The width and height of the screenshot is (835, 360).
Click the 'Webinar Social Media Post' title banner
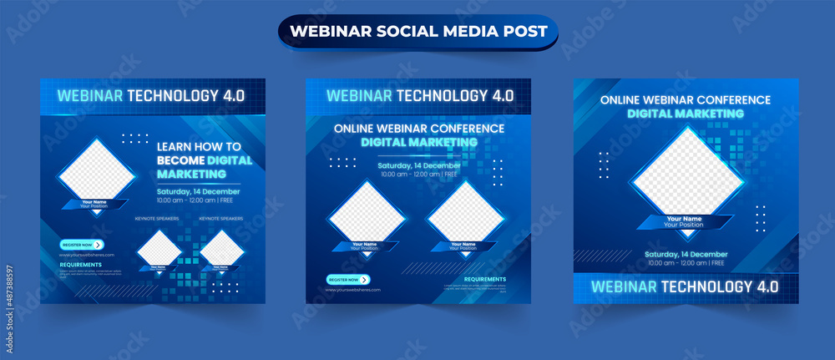pos(417,32)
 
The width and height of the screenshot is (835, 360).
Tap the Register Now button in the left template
pos(81,245)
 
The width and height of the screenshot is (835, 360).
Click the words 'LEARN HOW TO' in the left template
pos(199,146)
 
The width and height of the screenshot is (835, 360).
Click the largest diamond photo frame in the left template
pos(97,173)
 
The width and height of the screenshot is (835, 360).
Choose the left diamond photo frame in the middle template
pos(367,214)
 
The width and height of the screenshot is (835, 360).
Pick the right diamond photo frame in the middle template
pos(465,214)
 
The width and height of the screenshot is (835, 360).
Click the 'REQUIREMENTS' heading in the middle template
pos(484,279)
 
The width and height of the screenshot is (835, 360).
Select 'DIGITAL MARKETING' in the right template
pos(686,113)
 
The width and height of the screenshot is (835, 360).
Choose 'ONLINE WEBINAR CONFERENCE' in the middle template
pos(419,129)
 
